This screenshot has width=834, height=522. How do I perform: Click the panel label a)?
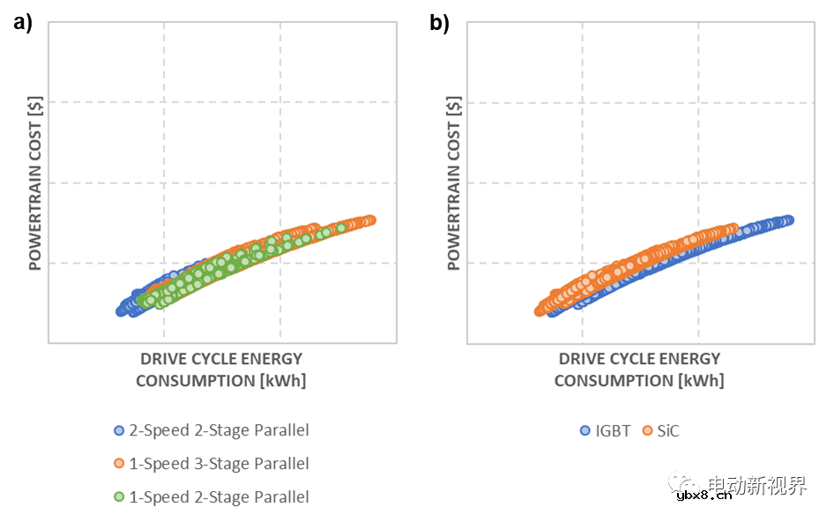(x=23, y=24)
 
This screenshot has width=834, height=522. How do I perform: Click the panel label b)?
(x=439, y=24)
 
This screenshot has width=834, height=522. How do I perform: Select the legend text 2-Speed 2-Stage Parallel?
(x=219, y=430)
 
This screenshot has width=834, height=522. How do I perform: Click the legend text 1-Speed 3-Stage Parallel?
(x=219, y=464)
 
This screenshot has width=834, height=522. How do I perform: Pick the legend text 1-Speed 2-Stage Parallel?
(x=219, y=496)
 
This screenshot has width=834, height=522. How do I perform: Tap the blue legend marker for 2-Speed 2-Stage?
(x=119, y=431)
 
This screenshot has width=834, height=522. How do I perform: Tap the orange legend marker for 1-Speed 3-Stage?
(x=119, y=464)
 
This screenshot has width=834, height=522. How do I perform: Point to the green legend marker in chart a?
(x=119, y=497)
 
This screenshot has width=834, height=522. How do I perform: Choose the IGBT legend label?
(x=614, y=431)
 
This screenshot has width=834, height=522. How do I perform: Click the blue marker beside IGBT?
(x=585, y=431)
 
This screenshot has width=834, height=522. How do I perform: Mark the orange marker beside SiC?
(x=647, y=431)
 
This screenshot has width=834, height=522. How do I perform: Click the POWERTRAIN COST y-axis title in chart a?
(x=36, y=182)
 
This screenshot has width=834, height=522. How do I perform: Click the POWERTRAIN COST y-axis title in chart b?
(x=454, y=182)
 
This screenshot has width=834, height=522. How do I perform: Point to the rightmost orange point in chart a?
(x=371, y=220)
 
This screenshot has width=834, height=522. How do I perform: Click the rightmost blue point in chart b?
(x=788, y=220)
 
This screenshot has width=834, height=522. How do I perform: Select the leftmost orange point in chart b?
(x=540, y=310)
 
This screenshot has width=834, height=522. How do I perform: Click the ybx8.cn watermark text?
(x=704, y=496)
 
